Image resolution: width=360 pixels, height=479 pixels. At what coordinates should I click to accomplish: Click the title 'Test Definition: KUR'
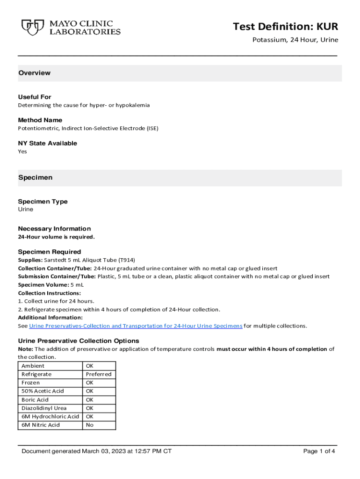tap(285, 27)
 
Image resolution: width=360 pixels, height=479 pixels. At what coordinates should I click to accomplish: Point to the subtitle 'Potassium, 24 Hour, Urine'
tap(295, 40)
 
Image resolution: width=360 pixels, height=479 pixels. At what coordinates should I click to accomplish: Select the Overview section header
tap(34, 73)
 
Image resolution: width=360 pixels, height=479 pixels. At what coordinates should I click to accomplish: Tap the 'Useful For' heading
tap(35, 97)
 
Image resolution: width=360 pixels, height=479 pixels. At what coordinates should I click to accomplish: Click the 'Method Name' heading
tap(40, 120)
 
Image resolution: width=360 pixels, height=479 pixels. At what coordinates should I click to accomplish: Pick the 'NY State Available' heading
tap(47, 143)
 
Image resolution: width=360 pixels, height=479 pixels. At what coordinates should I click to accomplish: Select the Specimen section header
tap(35, 178)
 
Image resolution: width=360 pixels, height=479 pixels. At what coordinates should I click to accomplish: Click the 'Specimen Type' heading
tap(43, 202)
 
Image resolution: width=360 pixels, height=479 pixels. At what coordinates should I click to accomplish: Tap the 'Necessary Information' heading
tap(54, 229)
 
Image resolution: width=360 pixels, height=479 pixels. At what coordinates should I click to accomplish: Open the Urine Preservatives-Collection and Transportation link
tap(136, 326)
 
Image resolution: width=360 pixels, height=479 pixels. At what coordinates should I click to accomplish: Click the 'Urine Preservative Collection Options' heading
tap(78, 341)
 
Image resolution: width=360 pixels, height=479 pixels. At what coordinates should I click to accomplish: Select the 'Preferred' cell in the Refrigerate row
tap(99, 374)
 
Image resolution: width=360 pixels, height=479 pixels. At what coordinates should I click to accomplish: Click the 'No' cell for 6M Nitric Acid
tap(89, 425)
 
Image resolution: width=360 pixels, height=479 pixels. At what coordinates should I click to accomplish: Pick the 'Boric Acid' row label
tap(35, 399)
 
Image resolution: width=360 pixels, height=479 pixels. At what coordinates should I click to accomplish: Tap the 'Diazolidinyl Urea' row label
tap(44, 408)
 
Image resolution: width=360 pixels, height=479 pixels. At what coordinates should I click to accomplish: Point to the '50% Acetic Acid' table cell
tap(43, 391)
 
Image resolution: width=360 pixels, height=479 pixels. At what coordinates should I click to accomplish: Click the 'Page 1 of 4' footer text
tap(319, 451)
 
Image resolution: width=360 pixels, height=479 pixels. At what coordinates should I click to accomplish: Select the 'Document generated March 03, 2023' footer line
tap(96, 451)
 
